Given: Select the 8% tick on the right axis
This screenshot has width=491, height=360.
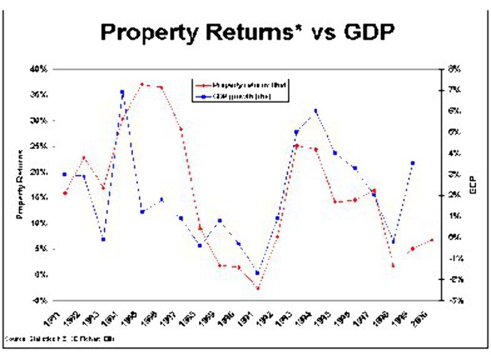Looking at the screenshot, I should pyautogui.click(x=455, y=69).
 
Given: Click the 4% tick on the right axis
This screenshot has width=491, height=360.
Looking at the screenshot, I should pyautogui.click(x=455, y=153).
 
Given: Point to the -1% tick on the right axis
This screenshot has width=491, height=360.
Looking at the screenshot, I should pyautogui.click(x=455, y=259).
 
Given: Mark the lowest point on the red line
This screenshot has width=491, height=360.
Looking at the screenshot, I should pyautogui.click(x=258, y=288).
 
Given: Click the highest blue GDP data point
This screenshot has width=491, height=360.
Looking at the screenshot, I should pyautogui.click(x=122, y=93).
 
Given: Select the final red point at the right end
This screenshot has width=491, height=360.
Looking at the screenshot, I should pyautogui.click(x=432, y=240).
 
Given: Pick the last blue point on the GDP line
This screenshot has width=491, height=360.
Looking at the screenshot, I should pyautogui.click(x=413, y=163).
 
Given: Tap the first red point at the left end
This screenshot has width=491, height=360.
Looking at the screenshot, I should pyautogui.click(x=64, y=193).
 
